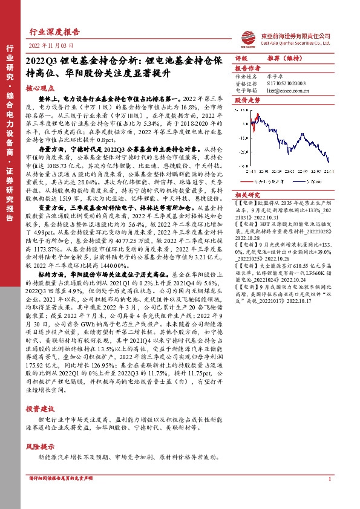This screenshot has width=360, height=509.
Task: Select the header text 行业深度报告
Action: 54,32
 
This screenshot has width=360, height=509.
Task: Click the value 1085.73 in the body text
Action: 53,156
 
